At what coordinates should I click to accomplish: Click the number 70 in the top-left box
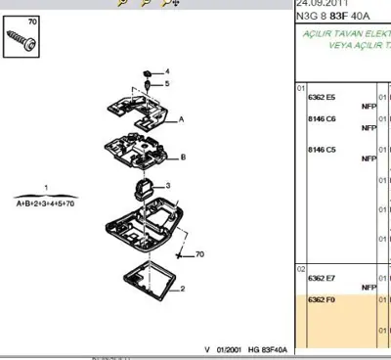(x=32, y=22)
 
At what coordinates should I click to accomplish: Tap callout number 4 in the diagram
(x=166, y=72)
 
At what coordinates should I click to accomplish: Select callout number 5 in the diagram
(x=166, y=85)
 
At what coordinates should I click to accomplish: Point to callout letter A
(x=181, y=119)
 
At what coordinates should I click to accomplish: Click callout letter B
(x=183, y=157)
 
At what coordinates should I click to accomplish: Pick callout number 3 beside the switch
(x=167, y=185)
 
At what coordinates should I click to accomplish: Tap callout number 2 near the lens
(x=181, y=290)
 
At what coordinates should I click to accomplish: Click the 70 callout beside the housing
(x=198, y=255)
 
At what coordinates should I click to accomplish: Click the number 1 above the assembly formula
(x=45, y=185)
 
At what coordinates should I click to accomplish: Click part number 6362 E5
(x=322, y=97)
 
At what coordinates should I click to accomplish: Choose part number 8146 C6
(x=322, y=118)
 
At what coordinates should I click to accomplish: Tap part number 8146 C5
(x=322, y=150)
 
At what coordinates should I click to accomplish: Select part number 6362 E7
(x=322, y=279)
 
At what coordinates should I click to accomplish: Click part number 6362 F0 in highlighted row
(x=322, y=300)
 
